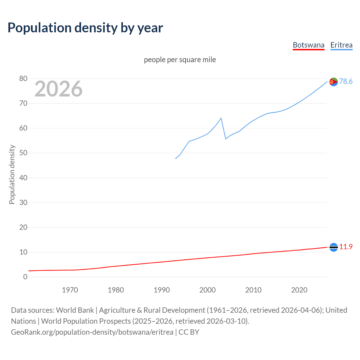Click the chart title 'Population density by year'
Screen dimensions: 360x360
(x=85, y=28)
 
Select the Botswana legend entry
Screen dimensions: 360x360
(x=309, y=45)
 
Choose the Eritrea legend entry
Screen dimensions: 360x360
(x=341, y=45)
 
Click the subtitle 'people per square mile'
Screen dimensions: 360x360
(x=180, y=60)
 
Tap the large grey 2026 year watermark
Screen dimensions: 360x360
(x=58, y=89)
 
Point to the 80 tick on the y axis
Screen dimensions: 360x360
(x=23, y=79)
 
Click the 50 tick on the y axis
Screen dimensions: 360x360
(x=23, y=153)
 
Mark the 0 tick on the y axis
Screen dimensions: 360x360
(x=25, y=277)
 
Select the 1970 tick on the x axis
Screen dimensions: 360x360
(x=70, y=290)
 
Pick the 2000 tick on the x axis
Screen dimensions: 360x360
(x=208, y=290)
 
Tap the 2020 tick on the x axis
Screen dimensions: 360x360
(x=299, y=290)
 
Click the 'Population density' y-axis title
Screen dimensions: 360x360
(x=12, y=174)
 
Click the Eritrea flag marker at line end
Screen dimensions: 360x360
(x=334, y=82)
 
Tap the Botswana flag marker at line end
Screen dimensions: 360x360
(x=334, y=247)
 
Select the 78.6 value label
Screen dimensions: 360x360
(x=346, y=81)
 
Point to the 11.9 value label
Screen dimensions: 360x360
(x=346, y=247)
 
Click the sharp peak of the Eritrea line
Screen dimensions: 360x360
(x=221, y=118)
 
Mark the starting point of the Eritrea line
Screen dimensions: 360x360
(x=175, y=159)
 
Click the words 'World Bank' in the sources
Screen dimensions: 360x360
(x=75, y=310)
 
